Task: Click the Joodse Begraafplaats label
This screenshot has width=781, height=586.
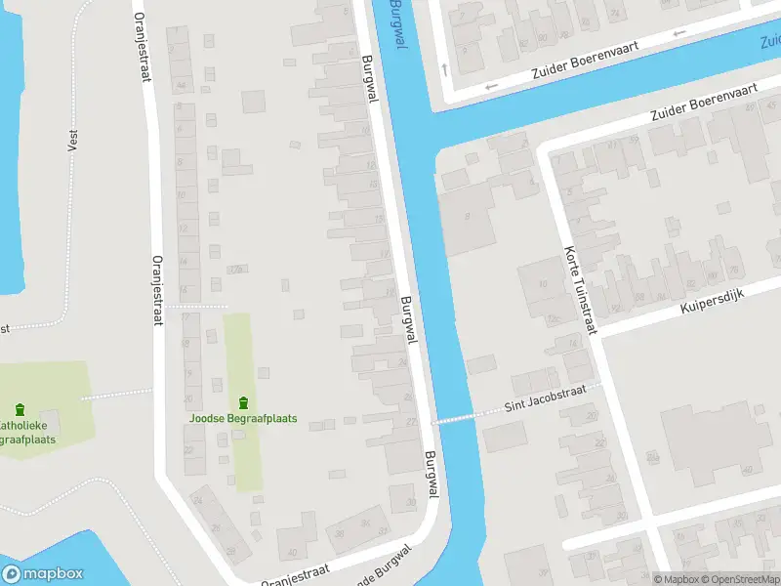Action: click(x=243, y=419)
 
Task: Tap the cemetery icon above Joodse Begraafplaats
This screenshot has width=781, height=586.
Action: click(x=243, y=402)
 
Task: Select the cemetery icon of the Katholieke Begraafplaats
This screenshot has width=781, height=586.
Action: click(x=21, y=409)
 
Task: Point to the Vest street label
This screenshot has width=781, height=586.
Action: click(x=72, y=141)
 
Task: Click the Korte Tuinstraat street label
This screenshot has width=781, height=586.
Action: click(x=578, y=290)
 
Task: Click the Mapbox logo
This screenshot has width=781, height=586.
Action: click(x=43, y=574)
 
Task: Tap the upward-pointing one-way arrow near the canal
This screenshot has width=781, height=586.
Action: click(x=445, y=68)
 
